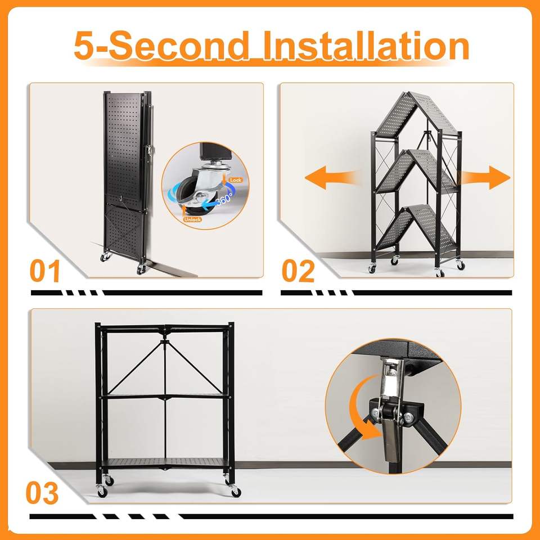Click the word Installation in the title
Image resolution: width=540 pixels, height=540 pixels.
[366, 46]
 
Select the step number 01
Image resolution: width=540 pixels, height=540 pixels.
[45, 271]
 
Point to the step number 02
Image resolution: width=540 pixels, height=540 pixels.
[298, 271]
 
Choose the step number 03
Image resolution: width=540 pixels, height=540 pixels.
[42, 493]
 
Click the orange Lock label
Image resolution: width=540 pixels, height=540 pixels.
[236, 180]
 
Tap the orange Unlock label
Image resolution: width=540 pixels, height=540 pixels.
[192, 219]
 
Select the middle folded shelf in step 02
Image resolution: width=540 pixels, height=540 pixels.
[416, 170]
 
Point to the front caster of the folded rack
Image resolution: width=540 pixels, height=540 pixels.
[141, 269]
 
